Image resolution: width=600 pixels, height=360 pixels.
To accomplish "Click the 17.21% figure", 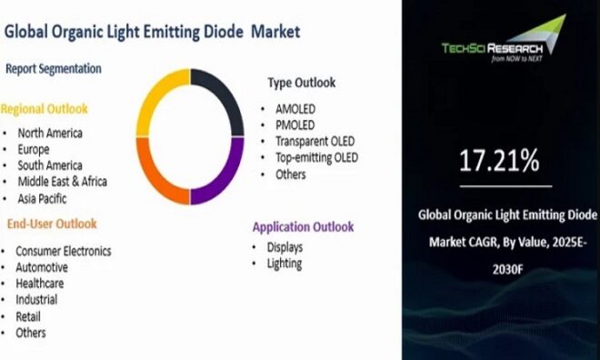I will coord(498,163).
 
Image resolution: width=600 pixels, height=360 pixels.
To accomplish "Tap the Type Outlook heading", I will coord(302,83).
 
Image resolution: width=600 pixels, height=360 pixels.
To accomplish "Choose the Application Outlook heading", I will coord(303,227).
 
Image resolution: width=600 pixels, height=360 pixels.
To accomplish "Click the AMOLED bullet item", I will coord(296,107).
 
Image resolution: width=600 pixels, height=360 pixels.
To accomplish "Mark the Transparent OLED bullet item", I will coord(315,141).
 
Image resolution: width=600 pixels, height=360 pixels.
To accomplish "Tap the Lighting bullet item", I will coord(284,264).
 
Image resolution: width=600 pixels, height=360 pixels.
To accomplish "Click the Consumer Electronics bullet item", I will coord(63,250).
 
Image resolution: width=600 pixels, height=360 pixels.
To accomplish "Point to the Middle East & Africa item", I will coord(61,182).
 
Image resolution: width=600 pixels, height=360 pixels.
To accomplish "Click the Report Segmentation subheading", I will coord(54,68).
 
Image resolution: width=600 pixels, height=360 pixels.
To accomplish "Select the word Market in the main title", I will coord(275,33).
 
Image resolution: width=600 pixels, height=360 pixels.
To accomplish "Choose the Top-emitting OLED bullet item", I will coord(317,157).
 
